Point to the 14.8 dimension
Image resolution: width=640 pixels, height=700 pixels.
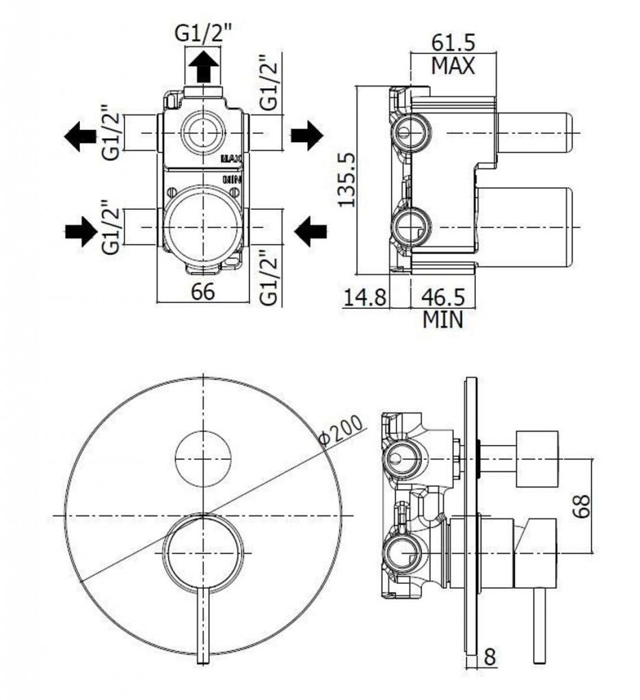[365, 297]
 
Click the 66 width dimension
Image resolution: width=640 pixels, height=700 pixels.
[203, 291]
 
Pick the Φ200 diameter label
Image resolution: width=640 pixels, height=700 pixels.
[343, 434]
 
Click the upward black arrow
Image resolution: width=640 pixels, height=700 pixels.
[203, 68]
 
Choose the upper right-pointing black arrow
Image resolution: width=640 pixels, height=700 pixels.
[306, 135]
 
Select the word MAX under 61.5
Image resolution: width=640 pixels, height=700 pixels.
[453, 67]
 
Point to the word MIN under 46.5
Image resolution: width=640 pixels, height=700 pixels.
[442, 320]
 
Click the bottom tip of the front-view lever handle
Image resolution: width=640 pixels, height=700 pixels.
[202, 658]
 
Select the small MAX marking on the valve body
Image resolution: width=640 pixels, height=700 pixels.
[231, 159]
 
